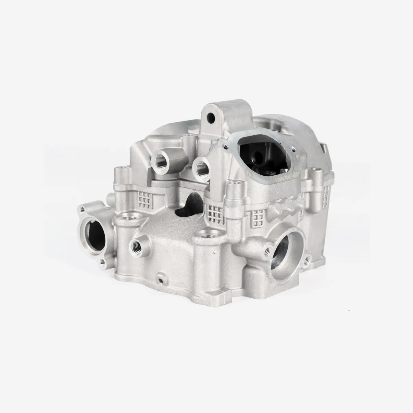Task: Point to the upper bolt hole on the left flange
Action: tap(82, 209)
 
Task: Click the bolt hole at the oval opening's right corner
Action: tap(294, 149)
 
